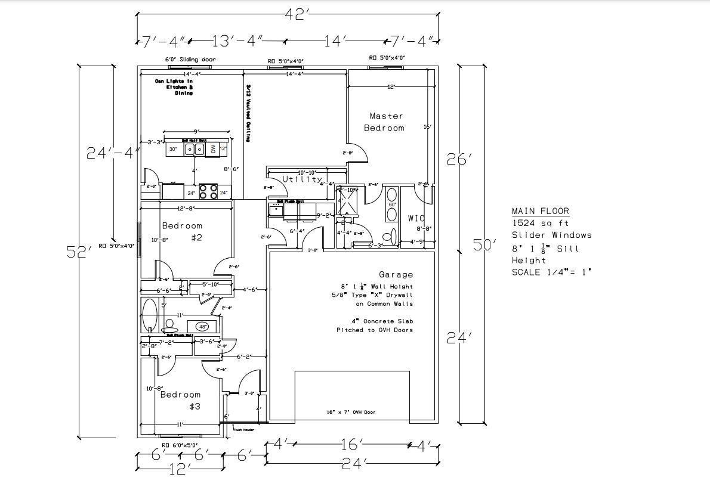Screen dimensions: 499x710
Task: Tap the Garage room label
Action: [396, 275]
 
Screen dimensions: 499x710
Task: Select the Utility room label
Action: [302, 179]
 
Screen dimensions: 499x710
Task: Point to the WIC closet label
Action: [416, 219]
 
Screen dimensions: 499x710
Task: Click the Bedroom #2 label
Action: [183, 231]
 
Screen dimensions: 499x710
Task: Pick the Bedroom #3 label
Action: [181, 400]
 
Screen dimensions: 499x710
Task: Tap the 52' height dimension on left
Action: [79, 251]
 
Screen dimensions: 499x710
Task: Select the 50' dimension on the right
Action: [484, 244]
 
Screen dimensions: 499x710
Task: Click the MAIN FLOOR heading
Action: [540, 211]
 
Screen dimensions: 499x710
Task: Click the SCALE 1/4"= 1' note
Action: [551, 272]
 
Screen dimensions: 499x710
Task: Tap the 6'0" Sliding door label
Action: [190, 60]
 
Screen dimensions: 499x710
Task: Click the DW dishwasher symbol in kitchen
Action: [213, 149]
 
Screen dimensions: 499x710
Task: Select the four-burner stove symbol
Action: [208, 191]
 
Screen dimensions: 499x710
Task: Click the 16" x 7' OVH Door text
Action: [351, 412]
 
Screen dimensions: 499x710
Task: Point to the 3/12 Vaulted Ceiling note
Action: [248, 113]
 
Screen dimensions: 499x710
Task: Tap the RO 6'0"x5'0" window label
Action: [180, 445]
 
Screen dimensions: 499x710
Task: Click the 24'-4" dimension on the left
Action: [113, 153]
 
